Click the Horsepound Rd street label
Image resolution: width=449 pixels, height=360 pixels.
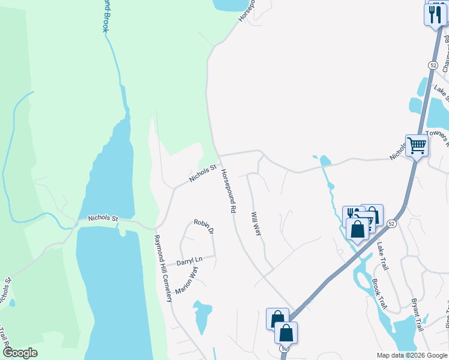[x=228, y=191]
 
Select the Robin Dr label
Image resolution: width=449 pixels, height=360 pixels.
[x=203, y=226]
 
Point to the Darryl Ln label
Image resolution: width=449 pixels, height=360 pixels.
[x=190, y=262]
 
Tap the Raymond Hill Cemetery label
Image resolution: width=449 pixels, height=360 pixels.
[x=163, y=268]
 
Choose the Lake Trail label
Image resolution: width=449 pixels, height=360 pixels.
[x=383, y=256]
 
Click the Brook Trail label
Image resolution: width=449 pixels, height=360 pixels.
[x=379, y=294]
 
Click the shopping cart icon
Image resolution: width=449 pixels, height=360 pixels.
[x=417, y=145]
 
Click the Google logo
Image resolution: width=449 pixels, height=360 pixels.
[x=19, y=353]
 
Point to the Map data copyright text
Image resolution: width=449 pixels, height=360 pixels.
[x=412, y=355]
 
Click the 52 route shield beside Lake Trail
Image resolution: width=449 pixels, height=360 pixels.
[x=391, y=223]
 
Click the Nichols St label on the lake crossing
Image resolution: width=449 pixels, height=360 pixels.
[x=103, y=219]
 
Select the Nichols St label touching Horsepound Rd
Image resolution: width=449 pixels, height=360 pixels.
[x=202, y=173]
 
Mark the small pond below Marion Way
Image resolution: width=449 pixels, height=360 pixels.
[x=202, y=315]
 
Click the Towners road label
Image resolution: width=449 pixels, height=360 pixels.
[x=437, y=136]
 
